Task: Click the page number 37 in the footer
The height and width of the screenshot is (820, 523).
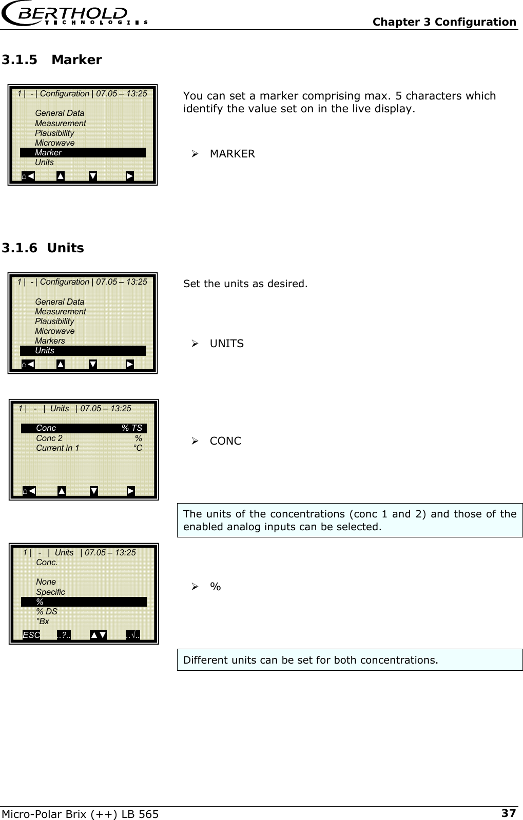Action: pos(508,813)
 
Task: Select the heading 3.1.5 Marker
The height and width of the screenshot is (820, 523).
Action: pos(52,60)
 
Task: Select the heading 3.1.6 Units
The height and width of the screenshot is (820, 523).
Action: pos(43,248)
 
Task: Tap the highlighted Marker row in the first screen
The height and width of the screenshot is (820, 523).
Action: pos(83,152)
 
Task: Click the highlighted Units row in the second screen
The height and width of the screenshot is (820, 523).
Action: pos(83,351)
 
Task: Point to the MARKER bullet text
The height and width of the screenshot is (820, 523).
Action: pos(232,154)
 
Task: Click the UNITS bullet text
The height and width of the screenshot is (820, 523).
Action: pos(226,344)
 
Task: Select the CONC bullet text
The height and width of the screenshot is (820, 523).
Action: pos(225,441)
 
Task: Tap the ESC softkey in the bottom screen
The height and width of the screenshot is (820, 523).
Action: pos(31,635)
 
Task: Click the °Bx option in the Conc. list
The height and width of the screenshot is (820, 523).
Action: pos(43,622)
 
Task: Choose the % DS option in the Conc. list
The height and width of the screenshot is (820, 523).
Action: pos(47,612)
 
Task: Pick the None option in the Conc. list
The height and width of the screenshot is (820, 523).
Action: pos(46,582)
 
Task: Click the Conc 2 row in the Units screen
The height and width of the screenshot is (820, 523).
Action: pos(49,438)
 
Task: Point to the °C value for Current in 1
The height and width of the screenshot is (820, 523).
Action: pos(138,448)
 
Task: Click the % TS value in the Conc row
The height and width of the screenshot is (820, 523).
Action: pos(131,428)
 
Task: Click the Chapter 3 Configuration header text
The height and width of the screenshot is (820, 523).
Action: pos(444,22)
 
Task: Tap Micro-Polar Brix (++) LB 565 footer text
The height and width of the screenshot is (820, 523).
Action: pos(81,814)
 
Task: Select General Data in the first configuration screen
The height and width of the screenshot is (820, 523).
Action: pos(60,113)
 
